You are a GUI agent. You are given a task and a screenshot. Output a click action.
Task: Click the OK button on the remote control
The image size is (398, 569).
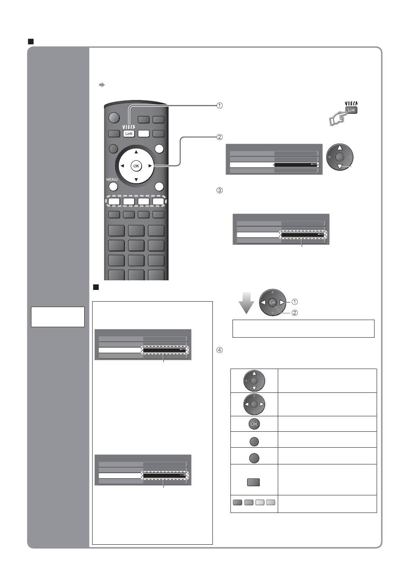(x=136, y=166)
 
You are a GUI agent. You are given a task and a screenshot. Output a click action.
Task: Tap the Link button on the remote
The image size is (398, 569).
(x=129, y=133)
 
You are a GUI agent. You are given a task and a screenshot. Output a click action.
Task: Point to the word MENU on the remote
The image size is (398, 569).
(x=111, y=179)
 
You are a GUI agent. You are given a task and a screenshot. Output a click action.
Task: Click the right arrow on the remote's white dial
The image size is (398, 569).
(x=150, y=166)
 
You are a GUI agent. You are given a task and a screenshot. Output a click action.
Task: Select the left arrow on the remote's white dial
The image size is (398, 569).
(x=122, y=166)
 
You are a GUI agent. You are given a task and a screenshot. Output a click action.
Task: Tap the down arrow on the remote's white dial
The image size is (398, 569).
(x=136, y=179)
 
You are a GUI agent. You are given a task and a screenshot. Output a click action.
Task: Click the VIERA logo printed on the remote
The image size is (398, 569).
(x=129, y=127)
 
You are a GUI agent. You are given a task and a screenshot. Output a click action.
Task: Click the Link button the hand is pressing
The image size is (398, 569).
(x=351, y=110)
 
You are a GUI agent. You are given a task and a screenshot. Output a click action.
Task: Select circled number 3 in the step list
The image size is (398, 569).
(x=219, y=190)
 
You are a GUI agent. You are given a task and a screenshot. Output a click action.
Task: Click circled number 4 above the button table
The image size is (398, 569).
(x=219, y=350)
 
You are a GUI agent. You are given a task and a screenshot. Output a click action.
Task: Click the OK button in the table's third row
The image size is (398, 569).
(x=254, y=424)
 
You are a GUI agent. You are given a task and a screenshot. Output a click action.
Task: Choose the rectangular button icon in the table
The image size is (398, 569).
(x=253, y=482)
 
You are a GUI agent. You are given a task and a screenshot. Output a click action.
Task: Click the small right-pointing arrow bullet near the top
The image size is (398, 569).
(x=102, y=85)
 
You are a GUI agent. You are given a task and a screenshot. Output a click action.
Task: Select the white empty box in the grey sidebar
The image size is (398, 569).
(x=58, y=317)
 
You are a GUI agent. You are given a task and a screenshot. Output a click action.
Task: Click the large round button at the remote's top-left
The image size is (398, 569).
(x=114, y=118)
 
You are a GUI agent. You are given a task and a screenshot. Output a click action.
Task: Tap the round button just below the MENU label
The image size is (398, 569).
(x=113, y=187)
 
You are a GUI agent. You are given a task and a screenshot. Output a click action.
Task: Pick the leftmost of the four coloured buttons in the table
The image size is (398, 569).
(x=237, y=502)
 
